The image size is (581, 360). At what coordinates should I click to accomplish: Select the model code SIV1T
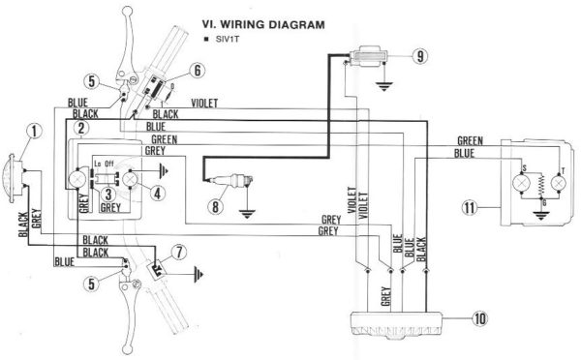225,39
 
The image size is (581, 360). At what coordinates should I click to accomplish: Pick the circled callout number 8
218,205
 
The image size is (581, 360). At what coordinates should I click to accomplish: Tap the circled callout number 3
109,192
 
